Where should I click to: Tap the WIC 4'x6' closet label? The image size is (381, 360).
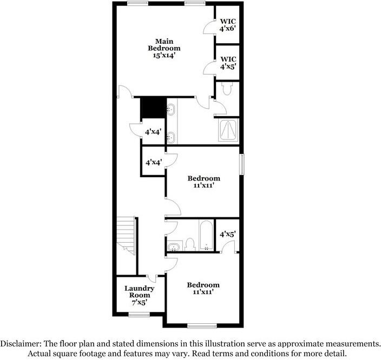click(227, 24)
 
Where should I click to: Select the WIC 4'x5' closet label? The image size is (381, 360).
click(227, 63)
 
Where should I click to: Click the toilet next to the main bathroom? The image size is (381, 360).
click(226, 89)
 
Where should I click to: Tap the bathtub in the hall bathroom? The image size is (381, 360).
click(206, 236)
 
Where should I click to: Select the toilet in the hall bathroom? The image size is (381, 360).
click(189, 245)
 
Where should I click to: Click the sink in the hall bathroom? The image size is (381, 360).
click(174, 247)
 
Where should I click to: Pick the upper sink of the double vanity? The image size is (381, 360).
click(170, 111)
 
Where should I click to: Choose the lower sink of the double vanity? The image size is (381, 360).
click(170, 137)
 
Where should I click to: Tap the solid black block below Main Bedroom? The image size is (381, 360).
click(153, 107)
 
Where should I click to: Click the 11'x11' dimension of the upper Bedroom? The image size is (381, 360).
click(203, 185)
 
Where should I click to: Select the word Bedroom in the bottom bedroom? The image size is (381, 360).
click(203, 285)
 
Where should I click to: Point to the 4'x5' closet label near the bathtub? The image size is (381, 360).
click(227, 235)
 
